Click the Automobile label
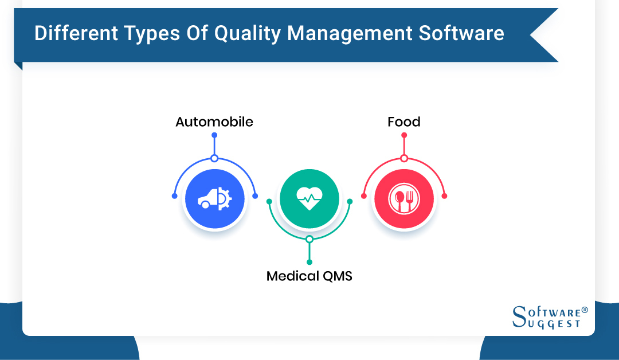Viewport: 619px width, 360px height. [x=214, y=122]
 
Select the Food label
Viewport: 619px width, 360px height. [x=404, y=122]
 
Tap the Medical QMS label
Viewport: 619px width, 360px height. [x=309, y=276]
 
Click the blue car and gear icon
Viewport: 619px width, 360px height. [x=214, y=199]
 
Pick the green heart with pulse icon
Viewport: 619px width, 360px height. [x=309, y=198]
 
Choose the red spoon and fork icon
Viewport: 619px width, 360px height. [x=404, y=199]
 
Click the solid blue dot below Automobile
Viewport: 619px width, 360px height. [x=214, y=135]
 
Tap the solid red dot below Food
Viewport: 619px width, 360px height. [x=404, y=135]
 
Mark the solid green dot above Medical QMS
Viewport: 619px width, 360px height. [x=309, y=262]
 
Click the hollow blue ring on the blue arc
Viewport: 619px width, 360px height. [x=214, y=158]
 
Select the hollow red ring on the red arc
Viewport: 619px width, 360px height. [x=404, y=158]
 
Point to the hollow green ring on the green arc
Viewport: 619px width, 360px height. [x=309, y=239]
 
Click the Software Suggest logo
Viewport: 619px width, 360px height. [x=549, y=317]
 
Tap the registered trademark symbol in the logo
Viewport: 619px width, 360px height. [x=585, y=310]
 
